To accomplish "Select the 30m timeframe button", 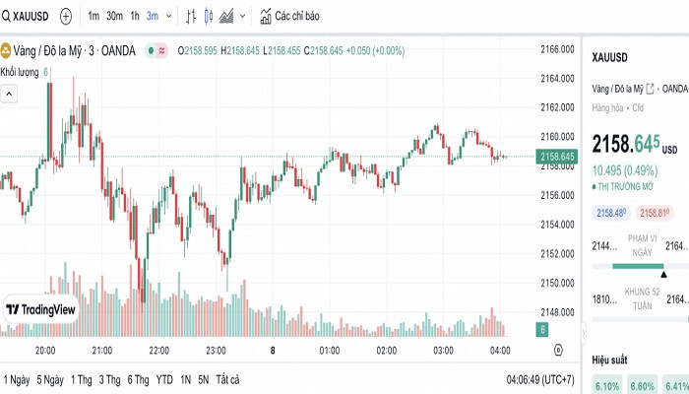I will pyautogui.click(x=115, y=17).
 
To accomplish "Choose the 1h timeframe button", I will pyautogui.click(x=135, y=17).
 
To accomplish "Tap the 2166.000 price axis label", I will pyautogui.click(x=557, y=49).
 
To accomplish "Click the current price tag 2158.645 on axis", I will pyautogui.click(x=557, y=156).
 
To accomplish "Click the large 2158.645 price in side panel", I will pyautogui.click(x=625, y=144).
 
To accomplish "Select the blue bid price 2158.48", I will pyautogui.click(x=611, y=213).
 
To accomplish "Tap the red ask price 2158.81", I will pyautogui.click(x=655, y=213).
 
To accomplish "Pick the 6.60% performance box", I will pyautogui.click(x=643, y=386).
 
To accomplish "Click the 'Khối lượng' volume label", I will pyautogui.click(x=20, y=72).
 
